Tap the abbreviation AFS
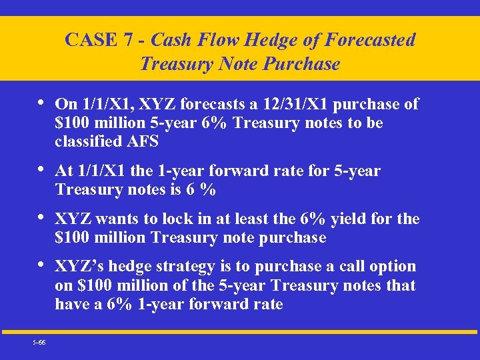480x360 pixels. [150, 141]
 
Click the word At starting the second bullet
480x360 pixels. [64, 171]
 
